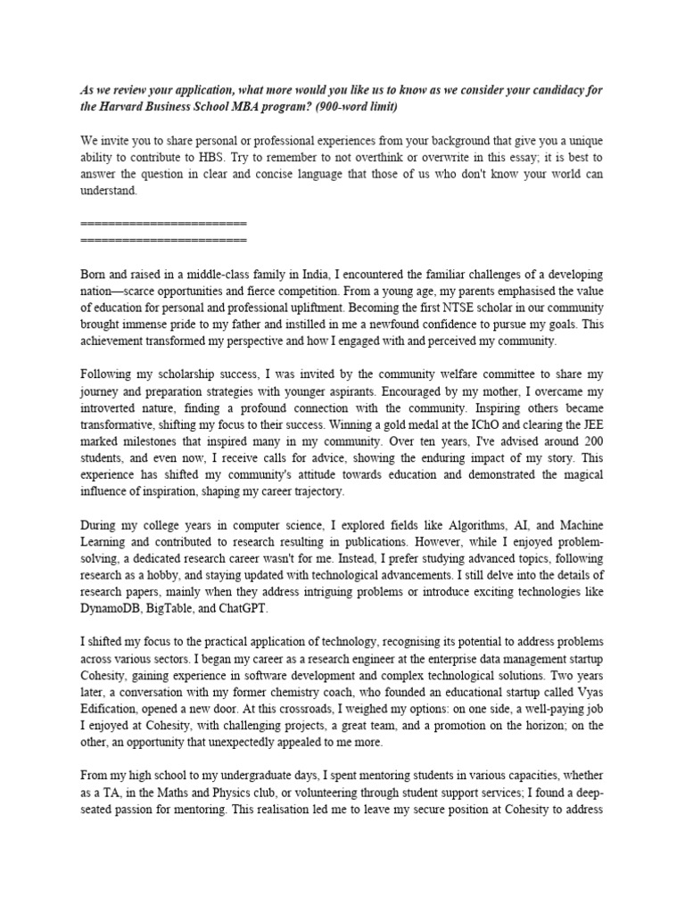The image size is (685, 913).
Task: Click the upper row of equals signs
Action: coord(163,222)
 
